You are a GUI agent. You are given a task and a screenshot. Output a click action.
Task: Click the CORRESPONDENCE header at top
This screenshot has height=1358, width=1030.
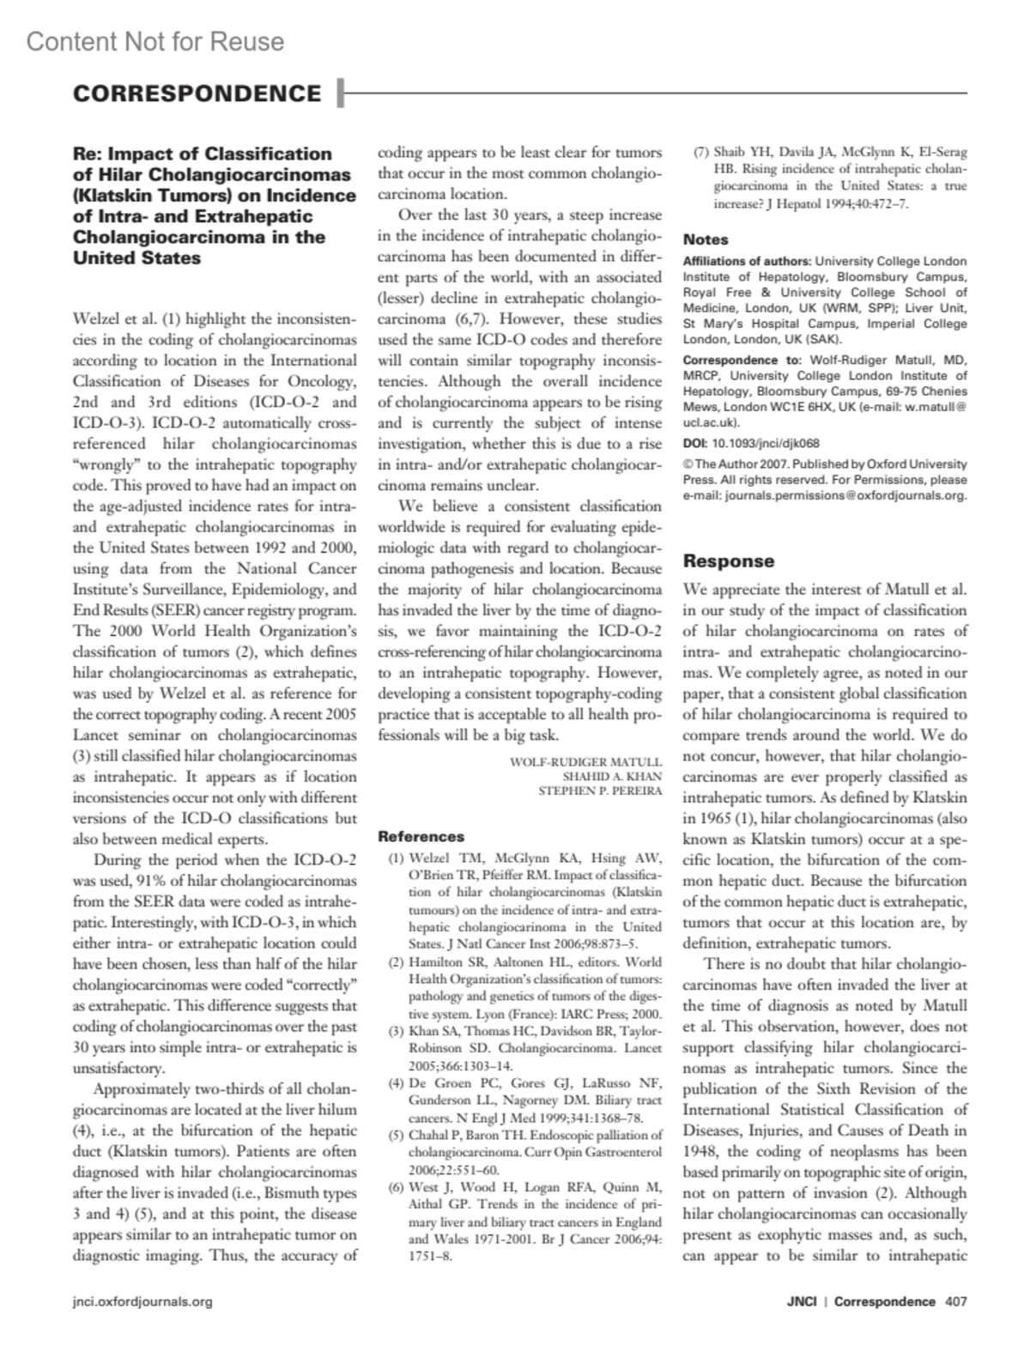[x=197, y=94]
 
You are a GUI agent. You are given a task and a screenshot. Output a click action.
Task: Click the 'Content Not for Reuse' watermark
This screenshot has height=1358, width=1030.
[x=154, y=41]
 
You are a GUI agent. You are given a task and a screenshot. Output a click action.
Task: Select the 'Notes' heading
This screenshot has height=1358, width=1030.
[x=706, y=239]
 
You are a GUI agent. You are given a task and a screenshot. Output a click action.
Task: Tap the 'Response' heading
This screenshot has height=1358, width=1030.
[x=728, y=561]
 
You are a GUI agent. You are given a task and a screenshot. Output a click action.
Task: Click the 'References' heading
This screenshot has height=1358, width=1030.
[x=421, y=836]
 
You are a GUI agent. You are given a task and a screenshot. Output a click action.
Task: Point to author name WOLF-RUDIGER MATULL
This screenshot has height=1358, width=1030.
[x=585, y=761]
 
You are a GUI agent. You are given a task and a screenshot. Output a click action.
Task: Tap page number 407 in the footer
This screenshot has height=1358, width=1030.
[x=955, y=1301]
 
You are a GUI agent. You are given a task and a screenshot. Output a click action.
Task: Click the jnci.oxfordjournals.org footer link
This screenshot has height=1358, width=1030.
[x=142, y=1301]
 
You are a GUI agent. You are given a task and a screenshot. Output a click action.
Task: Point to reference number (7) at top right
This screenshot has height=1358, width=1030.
[x=700, y=154]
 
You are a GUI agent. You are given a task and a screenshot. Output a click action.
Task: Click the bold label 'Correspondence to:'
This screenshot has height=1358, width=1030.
[x=742, y=361]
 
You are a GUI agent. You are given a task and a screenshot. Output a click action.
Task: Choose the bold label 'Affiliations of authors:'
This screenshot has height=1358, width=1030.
[x=747, y=261]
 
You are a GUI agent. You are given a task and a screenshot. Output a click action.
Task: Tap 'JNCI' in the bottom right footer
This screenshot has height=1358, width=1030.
[x=801, y=1301]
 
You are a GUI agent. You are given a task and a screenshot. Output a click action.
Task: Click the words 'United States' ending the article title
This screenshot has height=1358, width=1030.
[x=137, y=258]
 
